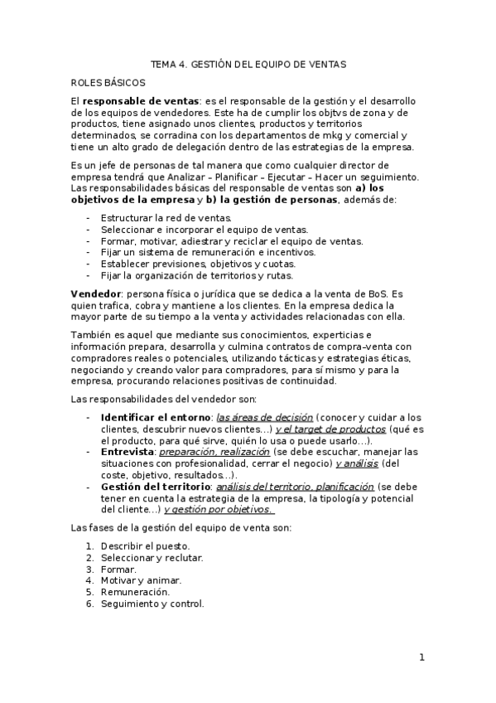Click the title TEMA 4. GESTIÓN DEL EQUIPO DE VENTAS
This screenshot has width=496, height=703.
point(248,63)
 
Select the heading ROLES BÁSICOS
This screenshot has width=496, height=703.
point(108,82)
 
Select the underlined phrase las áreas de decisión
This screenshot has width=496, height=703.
point(264,417)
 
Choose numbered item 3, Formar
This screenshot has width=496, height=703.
point(118,570)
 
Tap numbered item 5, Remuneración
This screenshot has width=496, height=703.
point(135,593)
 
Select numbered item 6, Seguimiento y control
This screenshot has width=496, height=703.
point(152,604)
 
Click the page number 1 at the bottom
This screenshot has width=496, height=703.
point(421,658)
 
